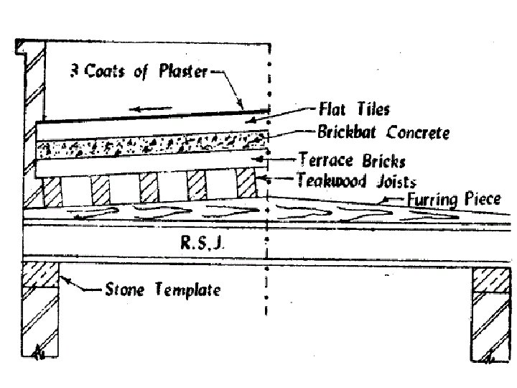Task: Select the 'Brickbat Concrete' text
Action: coord(383,132)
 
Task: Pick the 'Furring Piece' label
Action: coord(453,199)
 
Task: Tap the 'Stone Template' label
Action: coord(163,291)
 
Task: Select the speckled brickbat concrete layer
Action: coord(151,149)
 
